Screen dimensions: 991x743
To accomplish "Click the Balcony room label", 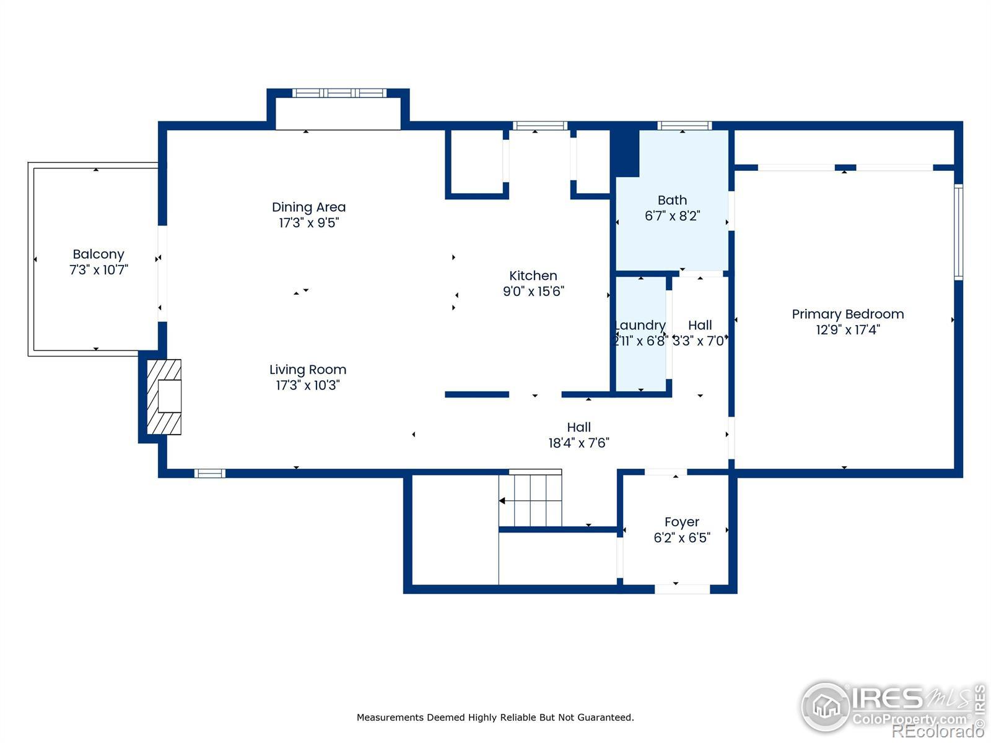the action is click(x=98, y=254).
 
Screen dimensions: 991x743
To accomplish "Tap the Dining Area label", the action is click(x=309, y=207).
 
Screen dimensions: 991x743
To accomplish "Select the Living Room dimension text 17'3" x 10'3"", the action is click(x=308, y=385).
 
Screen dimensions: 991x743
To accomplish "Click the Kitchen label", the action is click(x=533, y=276).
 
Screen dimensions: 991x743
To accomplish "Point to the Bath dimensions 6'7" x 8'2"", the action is click(x=672, y=216).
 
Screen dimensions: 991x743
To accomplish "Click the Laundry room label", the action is click(x=640, y=326).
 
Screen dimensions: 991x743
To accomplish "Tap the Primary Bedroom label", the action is click(x=848, y=315).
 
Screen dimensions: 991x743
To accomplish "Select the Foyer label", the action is click(x=682, y=523).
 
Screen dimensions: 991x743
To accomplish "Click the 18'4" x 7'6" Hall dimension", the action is click(x=578, y=443).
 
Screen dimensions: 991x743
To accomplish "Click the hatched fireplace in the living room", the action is click(x=164, y=397).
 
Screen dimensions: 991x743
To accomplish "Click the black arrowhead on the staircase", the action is click(x=502, y=501).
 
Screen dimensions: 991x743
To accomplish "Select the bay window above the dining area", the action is click(x=339, y=93).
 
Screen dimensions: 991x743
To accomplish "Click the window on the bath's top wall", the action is click(x=684, y=126).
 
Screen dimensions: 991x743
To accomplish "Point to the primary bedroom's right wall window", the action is click(x=959, y=232).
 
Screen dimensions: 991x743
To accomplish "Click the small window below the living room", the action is click(x=210, y=473).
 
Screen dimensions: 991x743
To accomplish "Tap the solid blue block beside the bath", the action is click(x=625, y=153).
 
